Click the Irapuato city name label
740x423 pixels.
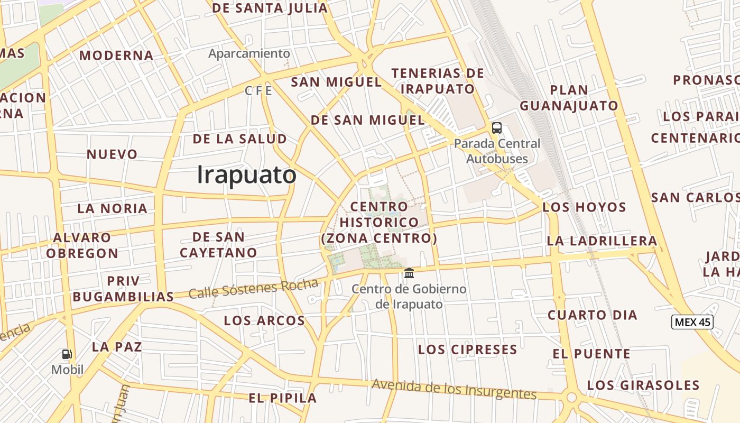pos(246,175)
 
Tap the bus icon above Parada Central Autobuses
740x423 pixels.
pos(497,127)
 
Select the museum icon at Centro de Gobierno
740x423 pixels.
pos(409,273)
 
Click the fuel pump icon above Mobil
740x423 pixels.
pos(67,354)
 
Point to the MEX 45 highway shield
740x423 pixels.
pos(692,321)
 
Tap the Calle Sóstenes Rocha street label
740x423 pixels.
pos(253,289)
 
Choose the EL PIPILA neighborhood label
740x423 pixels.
pos(282,398)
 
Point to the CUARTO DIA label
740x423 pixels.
pos(592,315)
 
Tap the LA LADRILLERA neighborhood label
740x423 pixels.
pos(602,241)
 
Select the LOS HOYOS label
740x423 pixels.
pos(584,207)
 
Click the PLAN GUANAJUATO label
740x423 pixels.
pos(569,98)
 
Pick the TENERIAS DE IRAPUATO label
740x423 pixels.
pos(438,81)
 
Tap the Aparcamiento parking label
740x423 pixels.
pos(249,53)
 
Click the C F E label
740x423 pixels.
pos(258,91)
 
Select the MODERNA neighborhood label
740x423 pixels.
pos(116,56)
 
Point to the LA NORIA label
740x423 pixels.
pos(112,208)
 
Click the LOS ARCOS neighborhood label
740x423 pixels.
pos(264,320)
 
